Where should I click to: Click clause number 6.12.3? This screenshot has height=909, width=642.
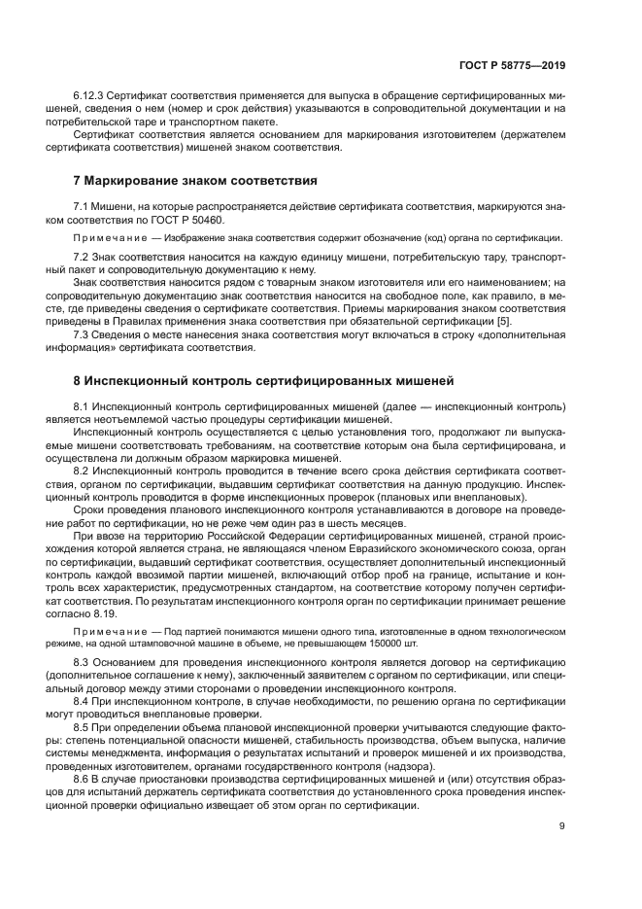click(89, 98)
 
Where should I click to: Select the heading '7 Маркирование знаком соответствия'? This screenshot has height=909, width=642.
click(194, 181)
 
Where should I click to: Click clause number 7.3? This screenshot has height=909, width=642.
click(84, 335)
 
